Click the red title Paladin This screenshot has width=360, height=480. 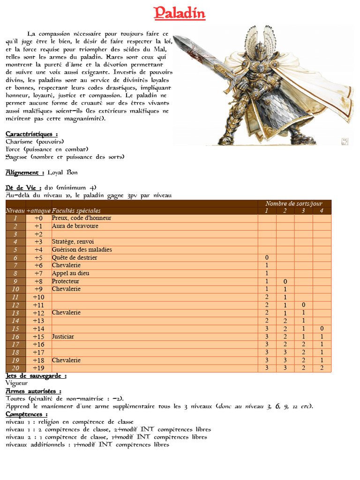coord(180,13)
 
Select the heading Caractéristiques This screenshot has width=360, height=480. coord(32,134)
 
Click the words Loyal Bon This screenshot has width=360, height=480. coord(63,172)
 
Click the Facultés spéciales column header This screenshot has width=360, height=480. coord(76,211)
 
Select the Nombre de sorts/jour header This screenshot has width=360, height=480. coord(294,203)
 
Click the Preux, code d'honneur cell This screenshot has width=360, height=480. coord(82,218)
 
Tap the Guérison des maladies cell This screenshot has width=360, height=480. coord(82,249)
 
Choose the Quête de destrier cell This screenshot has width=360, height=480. coord(75,257)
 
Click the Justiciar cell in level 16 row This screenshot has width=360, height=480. coord(63,337)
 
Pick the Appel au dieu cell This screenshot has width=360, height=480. coord(70,273)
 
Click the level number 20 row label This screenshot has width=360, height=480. coord(15,368)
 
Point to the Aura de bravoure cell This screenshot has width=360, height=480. coord(75,226)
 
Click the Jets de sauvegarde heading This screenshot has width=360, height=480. coord(36,376)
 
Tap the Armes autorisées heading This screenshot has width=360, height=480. coord(33,391)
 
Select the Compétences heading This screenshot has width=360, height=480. coord(26,414)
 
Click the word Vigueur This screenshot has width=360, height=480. coord(17,383)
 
